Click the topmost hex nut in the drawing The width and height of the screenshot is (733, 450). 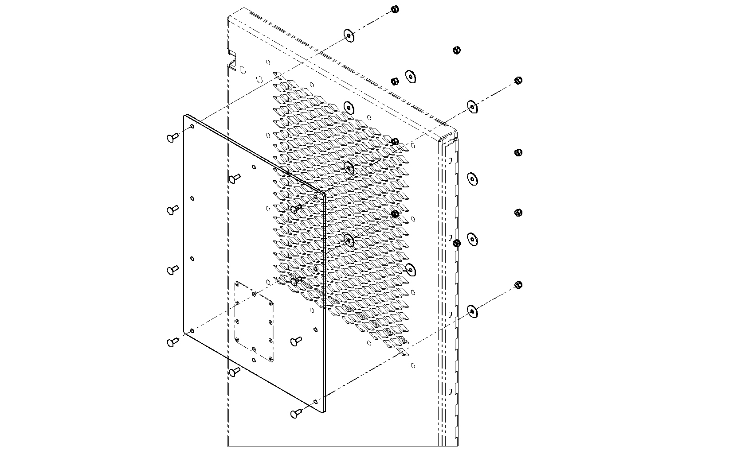coord(395,9)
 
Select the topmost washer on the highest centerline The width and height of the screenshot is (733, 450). coord(349,36)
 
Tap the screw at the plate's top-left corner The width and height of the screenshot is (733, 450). coord(172,138)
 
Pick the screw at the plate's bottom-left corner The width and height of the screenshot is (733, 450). coord(172,341)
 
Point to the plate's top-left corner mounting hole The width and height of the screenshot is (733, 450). coord(192,127)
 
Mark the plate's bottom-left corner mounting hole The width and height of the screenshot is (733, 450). coord(192,330)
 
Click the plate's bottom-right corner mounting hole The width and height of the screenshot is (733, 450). coord(315,402)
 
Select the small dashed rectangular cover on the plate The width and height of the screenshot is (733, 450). coord(254,321)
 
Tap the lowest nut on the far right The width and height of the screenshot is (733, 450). coord(518,284)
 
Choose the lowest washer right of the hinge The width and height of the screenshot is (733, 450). coord(473,311)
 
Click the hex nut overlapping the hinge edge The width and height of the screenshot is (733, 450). coord(457,243)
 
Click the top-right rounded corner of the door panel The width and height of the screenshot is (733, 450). coord(452,132)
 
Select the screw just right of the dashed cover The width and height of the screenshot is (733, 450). coord(296,341)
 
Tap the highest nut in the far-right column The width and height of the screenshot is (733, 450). coord(518,81)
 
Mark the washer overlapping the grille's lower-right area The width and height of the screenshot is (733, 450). coord(410,268)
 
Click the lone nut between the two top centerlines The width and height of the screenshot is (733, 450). coord(457,50)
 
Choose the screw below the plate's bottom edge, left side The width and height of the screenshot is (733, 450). coord(234,371)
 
